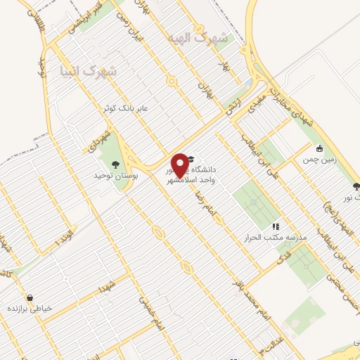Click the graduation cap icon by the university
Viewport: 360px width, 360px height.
(x=191, y=161)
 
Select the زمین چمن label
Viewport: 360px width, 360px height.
(x=317, y=160)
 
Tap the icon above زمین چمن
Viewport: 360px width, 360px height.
(x=319, y=148)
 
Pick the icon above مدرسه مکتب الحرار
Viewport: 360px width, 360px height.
(x=276, y=226)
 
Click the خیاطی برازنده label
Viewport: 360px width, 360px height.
(x=32, y=309)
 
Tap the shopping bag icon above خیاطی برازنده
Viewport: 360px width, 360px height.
(x=29, y=297)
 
